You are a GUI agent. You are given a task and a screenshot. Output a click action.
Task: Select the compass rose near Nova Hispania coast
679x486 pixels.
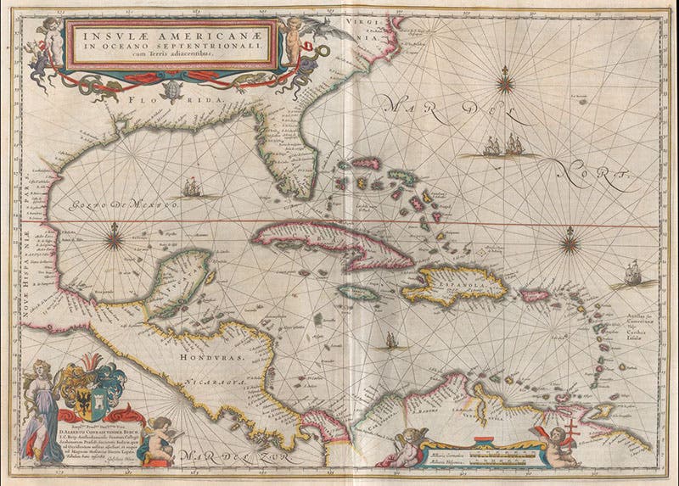coord(115,239)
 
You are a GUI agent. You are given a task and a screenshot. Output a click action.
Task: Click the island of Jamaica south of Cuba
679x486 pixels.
coord(356,292)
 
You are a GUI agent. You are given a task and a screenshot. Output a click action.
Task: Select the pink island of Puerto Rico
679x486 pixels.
coord(535,295)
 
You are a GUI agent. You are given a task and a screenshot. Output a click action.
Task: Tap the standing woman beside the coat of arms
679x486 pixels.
coord(38,411)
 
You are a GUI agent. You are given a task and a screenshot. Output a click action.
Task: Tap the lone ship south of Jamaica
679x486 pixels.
coord(390,341)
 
